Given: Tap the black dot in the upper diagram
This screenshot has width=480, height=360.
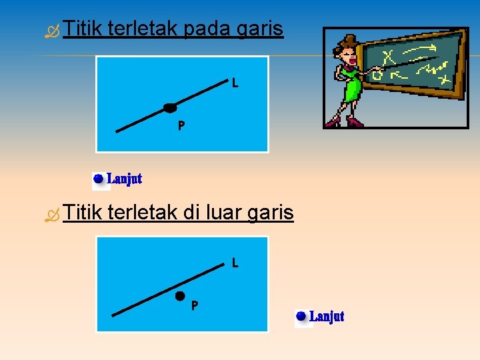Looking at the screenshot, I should (x=171, y=107).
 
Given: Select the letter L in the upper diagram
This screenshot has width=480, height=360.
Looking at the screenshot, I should (x=235, y=83).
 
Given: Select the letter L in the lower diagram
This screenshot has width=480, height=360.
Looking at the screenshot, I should (x=235, y=263).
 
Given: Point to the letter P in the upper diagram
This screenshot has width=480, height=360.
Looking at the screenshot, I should (x=181, y=125).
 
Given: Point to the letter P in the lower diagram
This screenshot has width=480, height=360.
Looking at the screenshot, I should (x=194, y=306).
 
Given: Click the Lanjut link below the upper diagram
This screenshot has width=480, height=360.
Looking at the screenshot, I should (x=125, y=179).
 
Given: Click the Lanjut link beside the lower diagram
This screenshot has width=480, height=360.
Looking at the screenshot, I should (x=327, y=316).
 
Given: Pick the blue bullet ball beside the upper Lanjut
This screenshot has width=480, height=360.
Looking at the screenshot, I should (x=99, y=179).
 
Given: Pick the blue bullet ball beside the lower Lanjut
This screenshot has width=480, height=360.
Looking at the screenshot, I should (x=301, y=316).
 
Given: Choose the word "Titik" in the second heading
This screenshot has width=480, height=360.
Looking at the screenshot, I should (x=81, y=213).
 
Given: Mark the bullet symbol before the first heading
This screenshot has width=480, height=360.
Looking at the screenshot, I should (x=52, y=31).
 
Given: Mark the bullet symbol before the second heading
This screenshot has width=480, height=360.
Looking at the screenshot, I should (x=52, y=214).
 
